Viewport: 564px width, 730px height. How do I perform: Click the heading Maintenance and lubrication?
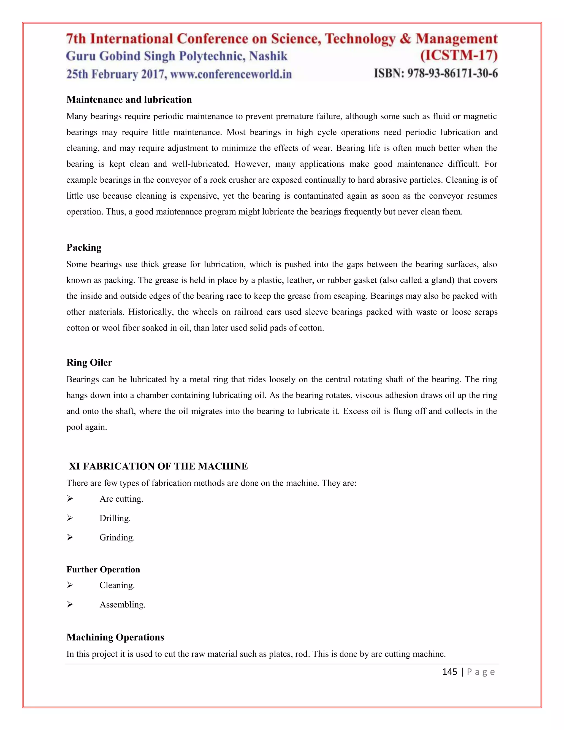coord(129,100)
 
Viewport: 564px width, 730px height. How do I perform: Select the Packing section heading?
coord(84,247)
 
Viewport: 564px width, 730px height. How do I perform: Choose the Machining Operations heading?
coord(115,637)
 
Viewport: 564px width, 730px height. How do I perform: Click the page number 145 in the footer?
coord(449,672)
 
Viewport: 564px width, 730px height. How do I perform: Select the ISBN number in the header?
coord(436,73)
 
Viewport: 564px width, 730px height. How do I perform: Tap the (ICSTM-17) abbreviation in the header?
coord(459,55)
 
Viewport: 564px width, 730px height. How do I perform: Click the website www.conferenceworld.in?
coord(231,74)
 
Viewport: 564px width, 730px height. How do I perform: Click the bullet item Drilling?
coord(115,518)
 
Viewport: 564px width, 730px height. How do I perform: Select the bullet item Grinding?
coord(117,537)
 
